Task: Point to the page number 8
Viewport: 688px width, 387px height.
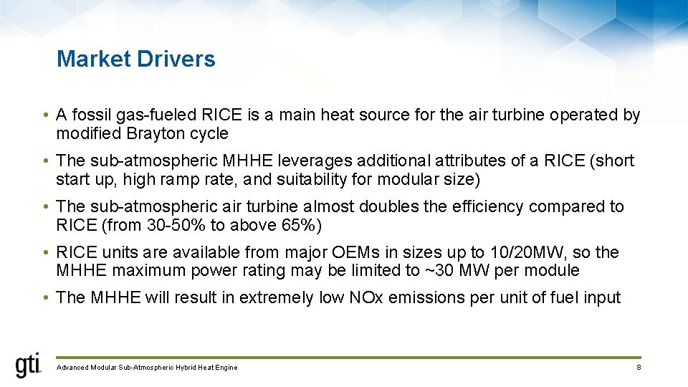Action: pyautogui.click(x=638, y=368)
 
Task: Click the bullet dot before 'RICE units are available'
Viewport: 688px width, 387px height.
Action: pyautogui.click(x=44, y=253)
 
